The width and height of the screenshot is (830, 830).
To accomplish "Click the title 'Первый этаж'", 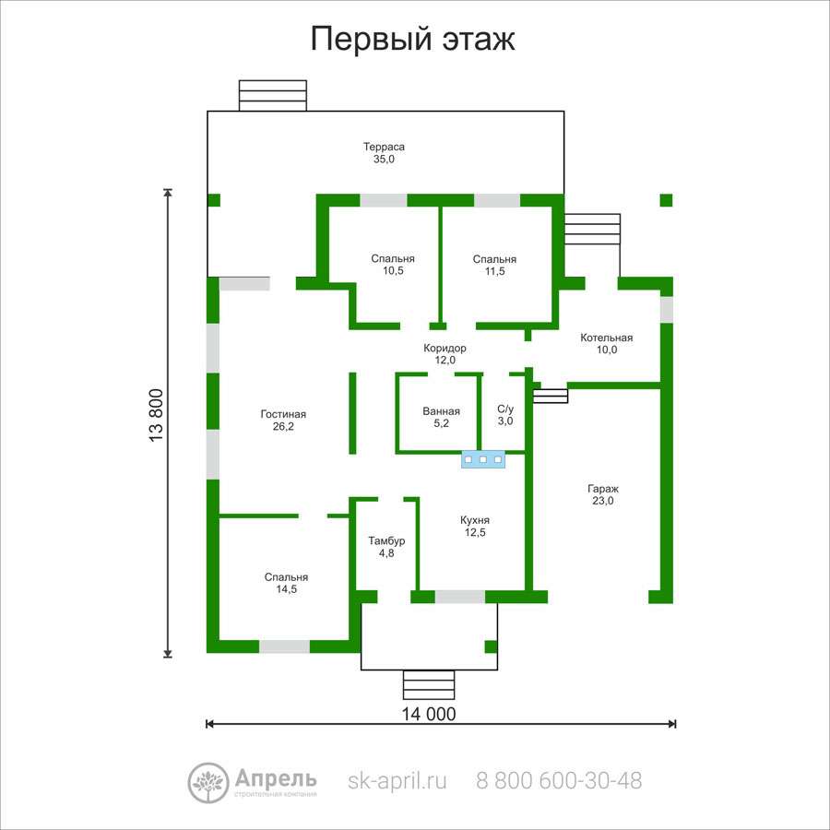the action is (412, 39).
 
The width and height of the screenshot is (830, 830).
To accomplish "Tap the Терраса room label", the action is (384, 152).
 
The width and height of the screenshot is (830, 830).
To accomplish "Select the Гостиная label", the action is (283, 421).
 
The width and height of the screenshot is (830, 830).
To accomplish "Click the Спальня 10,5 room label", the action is (393, 265).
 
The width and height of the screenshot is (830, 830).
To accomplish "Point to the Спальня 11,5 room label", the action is (494, 266).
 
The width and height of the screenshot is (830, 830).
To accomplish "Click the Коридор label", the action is (445, 354).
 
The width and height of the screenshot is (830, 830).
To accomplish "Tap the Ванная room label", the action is (441, 417).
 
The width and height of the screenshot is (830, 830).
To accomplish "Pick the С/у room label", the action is (505, 415).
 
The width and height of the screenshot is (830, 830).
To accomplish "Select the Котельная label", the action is (607, 344).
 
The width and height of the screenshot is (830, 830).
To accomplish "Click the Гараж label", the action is (603, 495).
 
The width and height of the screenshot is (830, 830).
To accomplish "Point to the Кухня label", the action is (475, 527).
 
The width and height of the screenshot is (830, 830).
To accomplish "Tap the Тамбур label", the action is (386, 547).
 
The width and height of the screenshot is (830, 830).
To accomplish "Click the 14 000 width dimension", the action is (429, 714).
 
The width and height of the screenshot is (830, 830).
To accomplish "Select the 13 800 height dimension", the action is (157, 416).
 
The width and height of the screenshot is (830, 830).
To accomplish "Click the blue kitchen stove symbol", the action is (483, 459).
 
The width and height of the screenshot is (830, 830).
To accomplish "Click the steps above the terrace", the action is (273, 96).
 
